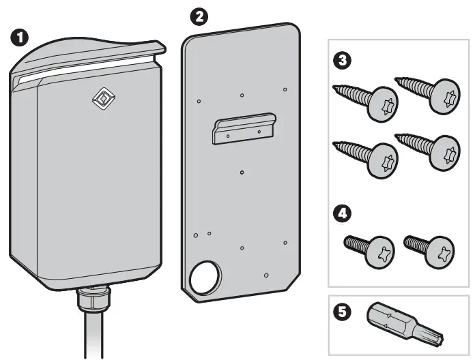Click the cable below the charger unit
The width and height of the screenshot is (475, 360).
pos(93,337)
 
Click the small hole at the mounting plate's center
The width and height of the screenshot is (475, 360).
pos(242,172)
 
